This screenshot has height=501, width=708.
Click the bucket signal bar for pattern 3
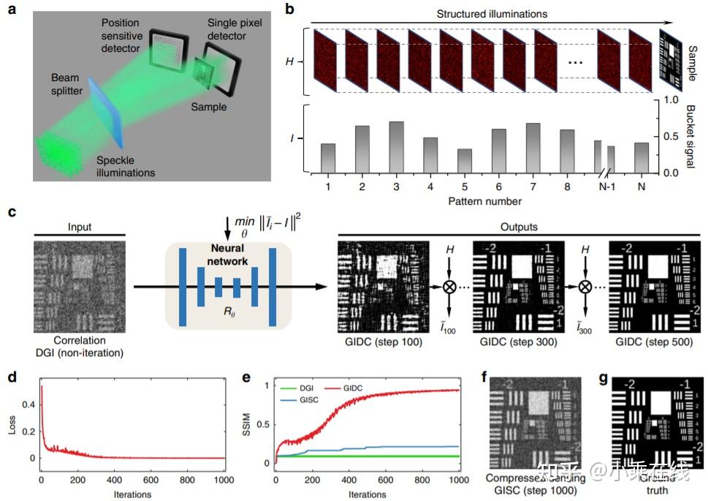coord(397,147)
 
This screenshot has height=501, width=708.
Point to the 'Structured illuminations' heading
coord(492,14)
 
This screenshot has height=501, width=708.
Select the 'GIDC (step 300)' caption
coord(518,342)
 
